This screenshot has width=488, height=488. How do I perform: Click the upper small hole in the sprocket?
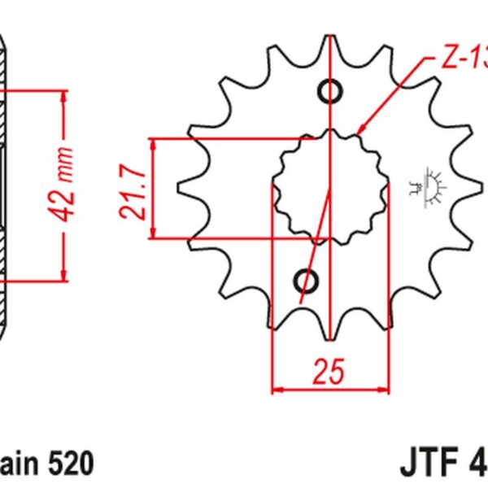tap(329, 91)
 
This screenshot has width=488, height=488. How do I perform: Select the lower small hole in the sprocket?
tap(307, 281)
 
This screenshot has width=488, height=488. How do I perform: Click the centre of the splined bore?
tap(329, 185)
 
